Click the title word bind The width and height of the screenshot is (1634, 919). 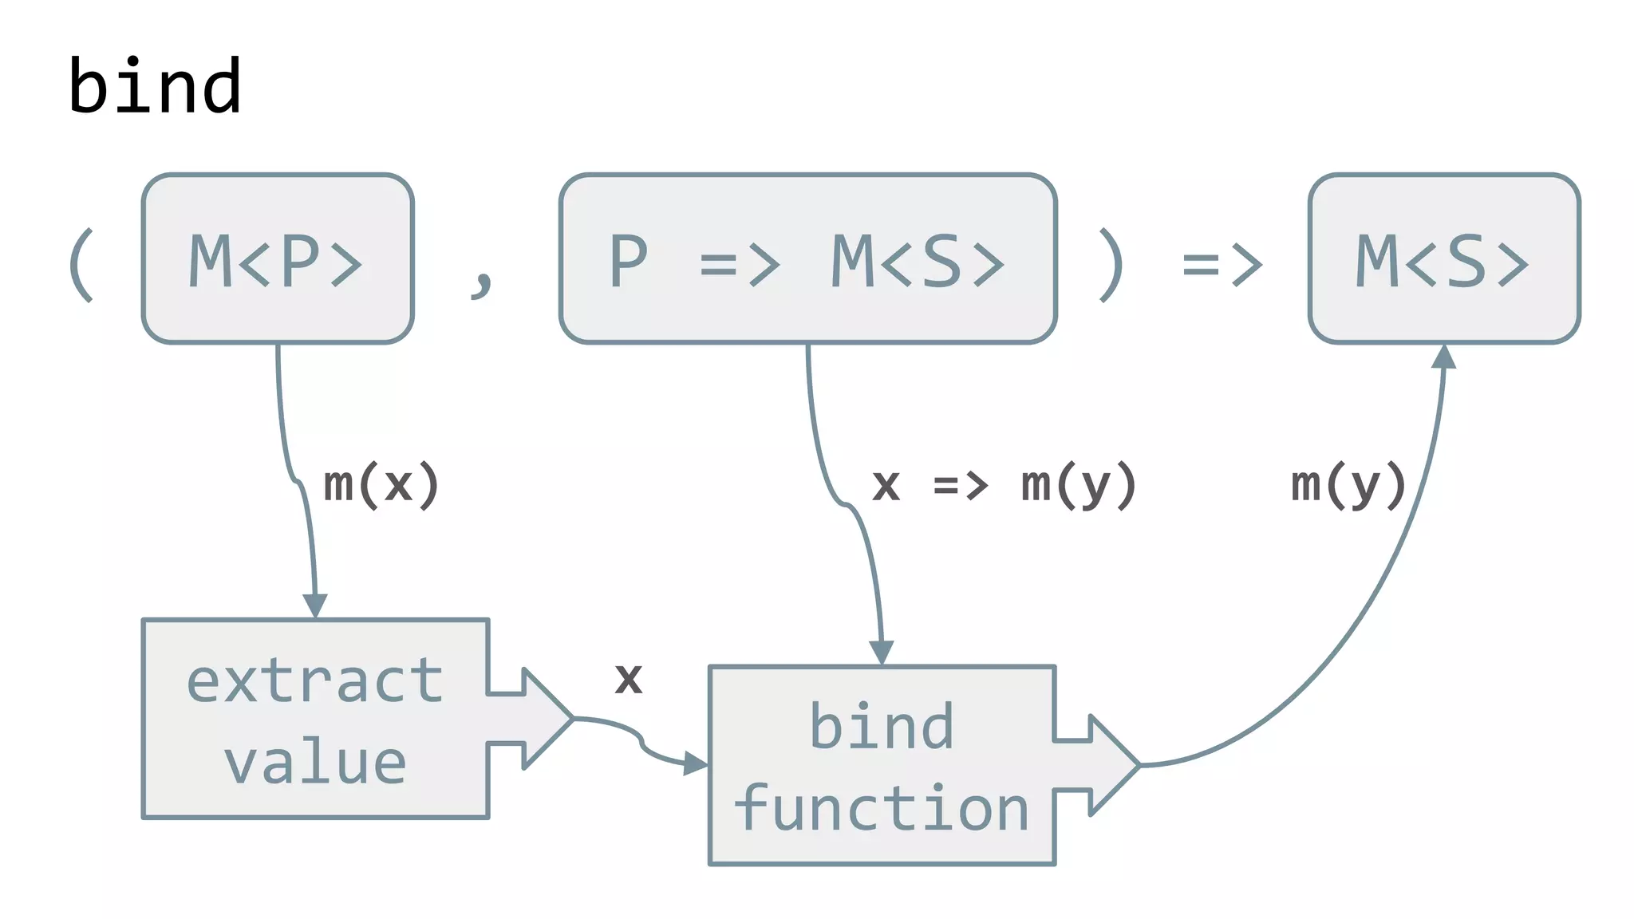click(x=155, y=86)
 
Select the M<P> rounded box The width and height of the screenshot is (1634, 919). click(x=277, y=258)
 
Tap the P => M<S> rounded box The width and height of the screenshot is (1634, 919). click(x=807, y=258)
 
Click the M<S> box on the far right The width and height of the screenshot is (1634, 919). click(x=1443, y=258)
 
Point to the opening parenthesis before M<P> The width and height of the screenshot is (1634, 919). click(x=82, y=265)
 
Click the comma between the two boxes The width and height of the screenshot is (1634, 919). click(x=482, y=281)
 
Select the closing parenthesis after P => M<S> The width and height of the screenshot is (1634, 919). click(x=1111, y=265)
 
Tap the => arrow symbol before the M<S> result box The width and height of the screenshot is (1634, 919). click(x=1222, y=265)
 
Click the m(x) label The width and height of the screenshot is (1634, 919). click(x=381, y=484)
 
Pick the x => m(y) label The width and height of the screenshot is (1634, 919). click(x=1004, y=484)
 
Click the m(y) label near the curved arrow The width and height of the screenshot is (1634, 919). click(x=1348, y=484)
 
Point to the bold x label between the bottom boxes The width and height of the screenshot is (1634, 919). click(x=629, y=679)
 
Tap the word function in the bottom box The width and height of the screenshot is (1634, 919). click(x=881, y=808)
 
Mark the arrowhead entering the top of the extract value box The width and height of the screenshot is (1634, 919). click(x=315, y=605)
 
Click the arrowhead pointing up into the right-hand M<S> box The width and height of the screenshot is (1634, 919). click(x=1443, y=356)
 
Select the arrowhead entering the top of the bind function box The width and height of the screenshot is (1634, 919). click(x=881, y=652)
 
